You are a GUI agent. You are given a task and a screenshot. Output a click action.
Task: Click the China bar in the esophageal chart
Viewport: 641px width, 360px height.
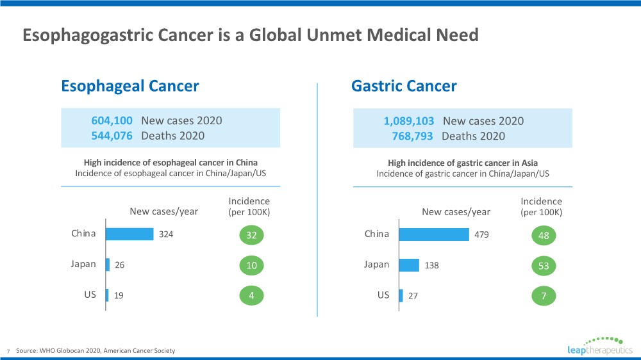click(x=129, y=234)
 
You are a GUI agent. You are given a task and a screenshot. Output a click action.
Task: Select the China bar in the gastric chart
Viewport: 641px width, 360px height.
click(x=433, y=234)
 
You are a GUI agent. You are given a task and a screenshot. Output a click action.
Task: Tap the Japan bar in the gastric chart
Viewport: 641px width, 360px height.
click(x=408, y=265)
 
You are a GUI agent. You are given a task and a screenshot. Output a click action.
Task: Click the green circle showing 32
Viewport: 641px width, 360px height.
click(x=251, y=236)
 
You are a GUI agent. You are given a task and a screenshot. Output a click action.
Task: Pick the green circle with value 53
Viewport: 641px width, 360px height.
click(x=544, y=266)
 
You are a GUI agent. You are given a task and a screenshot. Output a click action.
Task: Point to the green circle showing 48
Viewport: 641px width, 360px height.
click(x=544, y=236)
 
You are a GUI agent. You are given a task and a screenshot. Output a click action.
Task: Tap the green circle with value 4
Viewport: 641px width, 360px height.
click(x=251, y=296)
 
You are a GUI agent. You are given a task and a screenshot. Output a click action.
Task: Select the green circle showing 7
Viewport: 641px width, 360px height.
click(x=544, y=296)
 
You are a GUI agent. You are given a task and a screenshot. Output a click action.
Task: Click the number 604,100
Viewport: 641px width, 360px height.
click(x=112, y=120)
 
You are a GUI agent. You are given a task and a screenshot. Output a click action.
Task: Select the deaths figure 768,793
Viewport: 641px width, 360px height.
click(x=412, y=136)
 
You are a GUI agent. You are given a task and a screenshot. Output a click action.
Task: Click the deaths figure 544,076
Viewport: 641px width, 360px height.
click(x=112, y=135)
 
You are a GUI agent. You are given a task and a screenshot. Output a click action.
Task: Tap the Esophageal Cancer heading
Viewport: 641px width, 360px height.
click(x=129, y=86)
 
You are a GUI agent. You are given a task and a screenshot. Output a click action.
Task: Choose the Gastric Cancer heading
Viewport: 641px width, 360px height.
click(x=404, y=86)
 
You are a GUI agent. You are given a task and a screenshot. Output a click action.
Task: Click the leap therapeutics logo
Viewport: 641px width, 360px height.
click(x=599, y=346)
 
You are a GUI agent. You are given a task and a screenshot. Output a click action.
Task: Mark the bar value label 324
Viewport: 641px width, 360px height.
click(x=166, y=234)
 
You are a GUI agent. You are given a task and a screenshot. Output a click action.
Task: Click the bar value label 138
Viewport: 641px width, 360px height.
click(x=431, y=265)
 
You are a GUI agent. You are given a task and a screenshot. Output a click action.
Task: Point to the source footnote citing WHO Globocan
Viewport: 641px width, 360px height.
click(x=96, y=350)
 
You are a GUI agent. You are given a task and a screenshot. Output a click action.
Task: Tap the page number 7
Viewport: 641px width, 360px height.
click(x=8, y=351)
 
